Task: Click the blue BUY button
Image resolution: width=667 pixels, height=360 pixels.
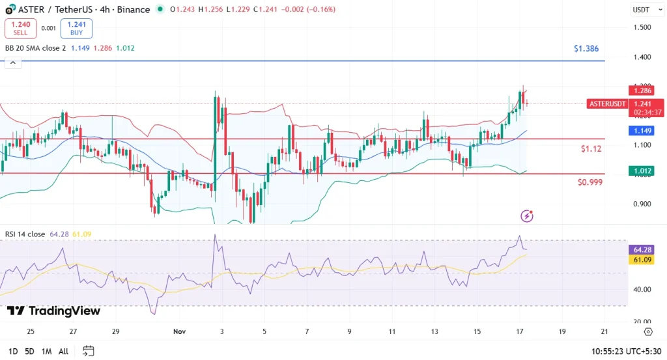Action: coord(76,28)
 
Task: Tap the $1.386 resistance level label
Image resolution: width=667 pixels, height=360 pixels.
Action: coord(586,49)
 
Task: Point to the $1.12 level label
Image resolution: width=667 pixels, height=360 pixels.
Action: coord(591,149)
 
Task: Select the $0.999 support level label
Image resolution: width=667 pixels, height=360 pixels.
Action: coord(589,182)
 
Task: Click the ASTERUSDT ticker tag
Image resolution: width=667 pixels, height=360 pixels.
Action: coord(607,104)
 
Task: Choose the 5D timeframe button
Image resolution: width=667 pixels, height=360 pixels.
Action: coord(29,352)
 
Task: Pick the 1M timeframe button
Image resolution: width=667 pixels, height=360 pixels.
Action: coord(46,352)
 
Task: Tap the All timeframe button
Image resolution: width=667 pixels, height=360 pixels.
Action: coord(63,352)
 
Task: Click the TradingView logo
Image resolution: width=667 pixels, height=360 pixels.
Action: coord(54,311)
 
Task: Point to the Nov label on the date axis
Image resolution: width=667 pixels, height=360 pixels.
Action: coord(180,331)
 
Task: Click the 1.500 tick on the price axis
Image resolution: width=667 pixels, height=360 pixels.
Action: coord(642,27)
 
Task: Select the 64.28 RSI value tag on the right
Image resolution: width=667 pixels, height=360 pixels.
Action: coord(642,250)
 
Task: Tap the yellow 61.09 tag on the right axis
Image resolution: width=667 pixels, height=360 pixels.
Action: coord(642,260)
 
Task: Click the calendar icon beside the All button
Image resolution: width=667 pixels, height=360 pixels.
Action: coord(89,352)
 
